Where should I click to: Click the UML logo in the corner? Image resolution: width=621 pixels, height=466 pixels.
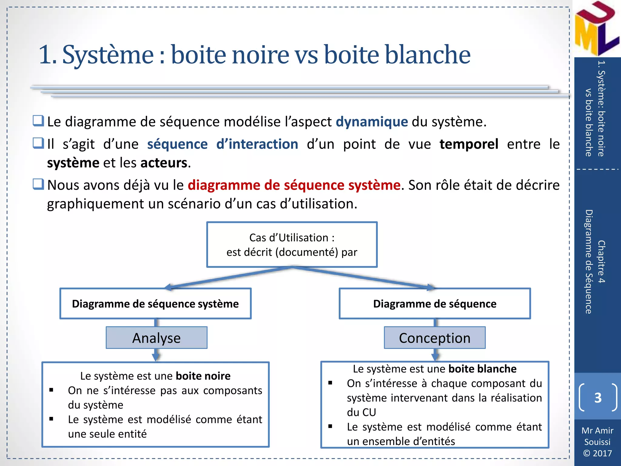[x=596, y=29]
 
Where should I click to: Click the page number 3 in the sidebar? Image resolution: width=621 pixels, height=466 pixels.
[x=598, y=398]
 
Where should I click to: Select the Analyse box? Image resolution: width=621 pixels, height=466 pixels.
[x=156, y=338]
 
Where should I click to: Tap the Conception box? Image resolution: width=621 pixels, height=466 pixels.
[x=435, y=338]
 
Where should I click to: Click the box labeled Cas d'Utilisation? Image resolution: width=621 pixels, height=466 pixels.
[x=292, y=245]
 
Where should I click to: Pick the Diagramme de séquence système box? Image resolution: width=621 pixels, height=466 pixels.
[x=155, y=304]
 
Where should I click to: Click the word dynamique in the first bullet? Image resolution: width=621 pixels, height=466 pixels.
[x=372, y=122]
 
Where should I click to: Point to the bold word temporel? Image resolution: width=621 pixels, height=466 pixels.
[x=469, y=144]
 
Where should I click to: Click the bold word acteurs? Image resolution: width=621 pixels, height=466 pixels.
[x=164, y=163]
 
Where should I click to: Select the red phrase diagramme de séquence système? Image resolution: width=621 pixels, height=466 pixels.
[x=294, y=185]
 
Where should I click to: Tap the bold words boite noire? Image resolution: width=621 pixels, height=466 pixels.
[x=203, y=376]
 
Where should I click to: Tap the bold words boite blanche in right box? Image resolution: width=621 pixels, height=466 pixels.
[x=482, y=369]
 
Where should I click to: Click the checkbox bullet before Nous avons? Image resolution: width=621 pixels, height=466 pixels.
[x=39, y=184]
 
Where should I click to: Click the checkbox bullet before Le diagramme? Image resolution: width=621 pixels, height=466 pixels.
[x=39, y=121]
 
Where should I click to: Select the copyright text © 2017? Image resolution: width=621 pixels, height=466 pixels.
[x=597, y=453]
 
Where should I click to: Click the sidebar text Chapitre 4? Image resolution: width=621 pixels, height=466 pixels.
[x=601, y=262]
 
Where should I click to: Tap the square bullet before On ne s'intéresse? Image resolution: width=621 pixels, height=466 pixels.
[x=51, y=390]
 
